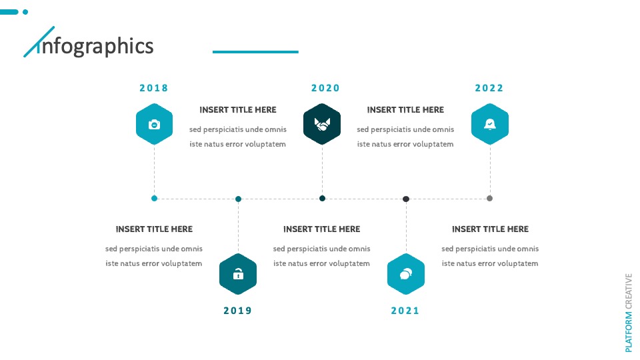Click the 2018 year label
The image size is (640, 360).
[x=154, y=88]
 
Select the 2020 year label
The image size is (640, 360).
[x=325, y=88]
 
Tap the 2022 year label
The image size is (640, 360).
[x=489, y=88]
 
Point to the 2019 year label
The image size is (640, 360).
[x=237, y=311]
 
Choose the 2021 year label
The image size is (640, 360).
[x=405, y=311]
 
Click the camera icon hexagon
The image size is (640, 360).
[x=154, y=124]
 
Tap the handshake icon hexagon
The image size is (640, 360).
[x=322, y=124]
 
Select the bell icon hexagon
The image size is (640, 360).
[x=490, y=124]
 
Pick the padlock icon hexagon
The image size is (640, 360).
[x=238, y=274]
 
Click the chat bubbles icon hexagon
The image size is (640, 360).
[x=406, y=274]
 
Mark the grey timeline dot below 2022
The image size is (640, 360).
[x=490, y=199]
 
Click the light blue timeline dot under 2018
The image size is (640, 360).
[x=154, y=199]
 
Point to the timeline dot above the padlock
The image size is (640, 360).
[x=239, y=199]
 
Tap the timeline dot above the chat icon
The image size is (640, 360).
[x=406, y=199]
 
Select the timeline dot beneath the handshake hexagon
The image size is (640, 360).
[x=322, y=199]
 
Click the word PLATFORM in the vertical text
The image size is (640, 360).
[x=629, y=332]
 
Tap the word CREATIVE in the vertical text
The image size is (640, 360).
[x=629, y=291]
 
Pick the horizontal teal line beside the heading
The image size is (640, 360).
[x=255, y=52]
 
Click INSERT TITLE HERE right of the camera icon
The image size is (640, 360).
[x=238, y=110]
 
